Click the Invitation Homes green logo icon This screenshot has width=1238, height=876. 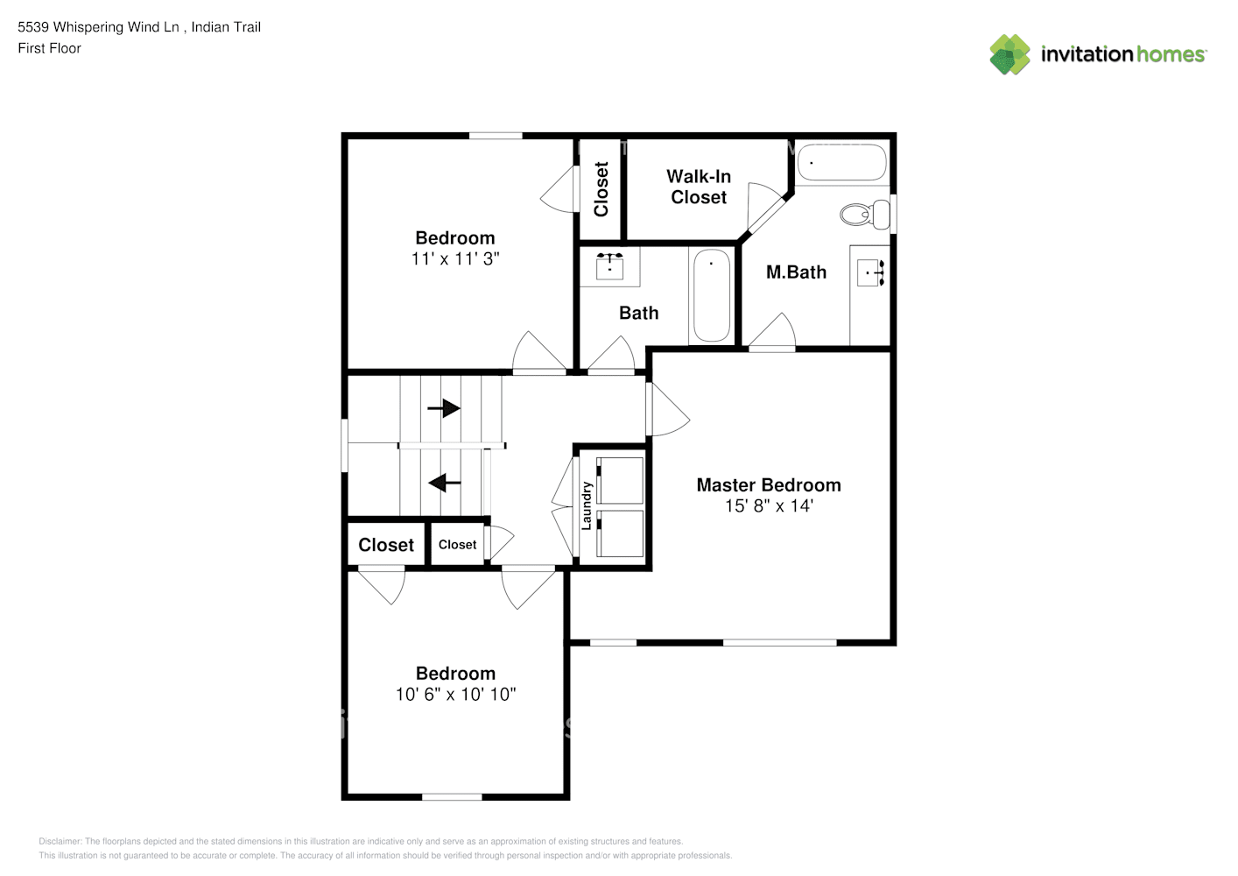coord(1009,54)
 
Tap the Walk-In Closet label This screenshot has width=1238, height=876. coord(699,187)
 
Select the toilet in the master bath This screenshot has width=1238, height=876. coord(865,214)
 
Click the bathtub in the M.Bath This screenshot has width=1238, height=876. coord(841,162)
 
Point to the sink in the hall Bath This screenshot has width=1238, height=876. coord(609,266)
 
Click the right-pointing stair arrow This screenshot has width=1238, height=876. coord(444,408)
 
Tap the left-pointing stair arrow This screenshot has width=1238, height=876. coord(445,483)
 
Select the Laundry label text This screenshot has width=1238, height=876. coord(587,505)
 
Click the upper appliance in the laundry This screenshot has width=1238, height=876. coord(620,480)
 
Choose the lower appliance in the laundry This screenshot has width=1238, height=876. coord(620,533)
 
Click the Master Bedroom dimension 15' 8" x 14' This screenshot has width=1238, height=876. coord(769,505)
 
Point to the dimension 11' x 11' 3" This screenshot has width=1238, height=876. coord(455,258)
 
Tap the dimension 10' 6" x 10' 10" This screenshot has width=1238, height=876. coord(455,694)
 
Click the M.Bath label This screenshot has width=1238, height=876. coord(796,272)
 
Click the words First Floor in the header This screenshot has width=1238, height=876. coord(49,48)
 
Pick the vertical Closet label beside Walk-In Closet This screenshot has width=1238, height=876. coord(601,188)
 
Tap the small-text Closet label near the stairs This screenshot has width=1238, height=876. coord(457,545)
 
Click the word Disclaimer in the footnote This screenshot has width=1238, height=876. coord(60,841)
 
